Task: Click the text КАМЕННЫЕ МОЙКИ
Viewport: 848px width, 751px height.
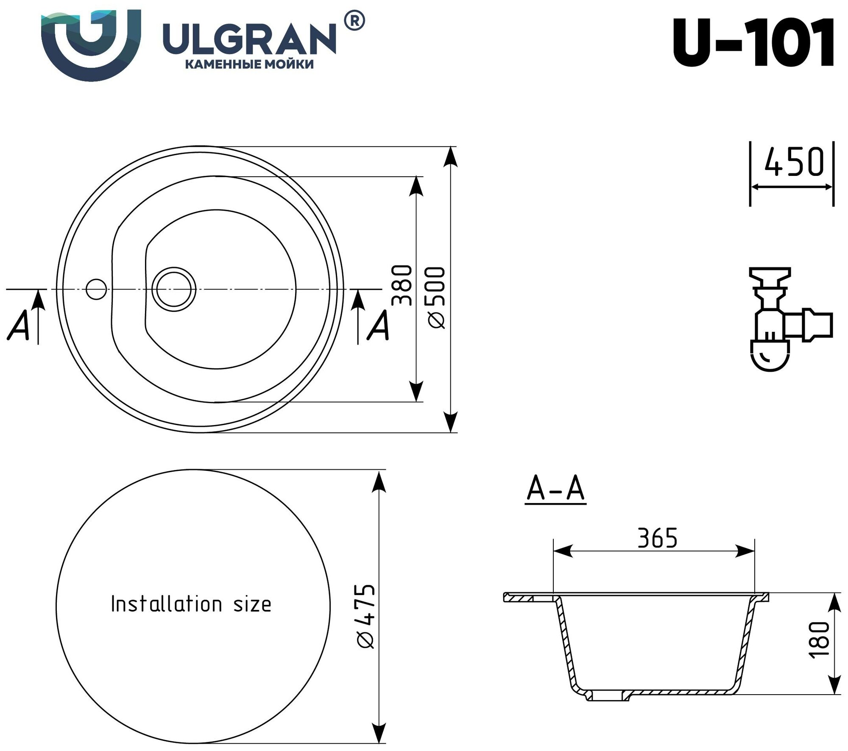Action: click(250, 64)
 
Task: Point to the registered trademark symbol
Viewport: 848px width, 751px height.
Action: click(354, 21)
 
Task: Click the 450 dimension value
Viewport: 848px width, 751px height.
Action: click(794, 162)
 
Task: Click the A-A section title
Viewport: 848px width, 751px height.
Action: click(555, 490)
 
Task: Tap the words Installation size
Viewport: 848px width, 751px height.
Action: click(191, 604)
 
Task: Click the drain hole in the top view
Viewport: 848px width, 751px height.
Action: click(174, 289)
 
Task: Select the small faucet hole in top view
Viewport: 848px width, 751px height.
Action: click(96, 289)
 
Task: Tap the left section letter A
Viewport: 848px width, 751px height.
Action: click(18, 326)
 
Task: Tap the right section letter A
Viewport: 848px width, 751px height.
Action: click(378, 326)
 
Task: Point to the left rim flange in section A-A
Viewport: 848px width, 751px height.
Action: click(528, 598)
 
